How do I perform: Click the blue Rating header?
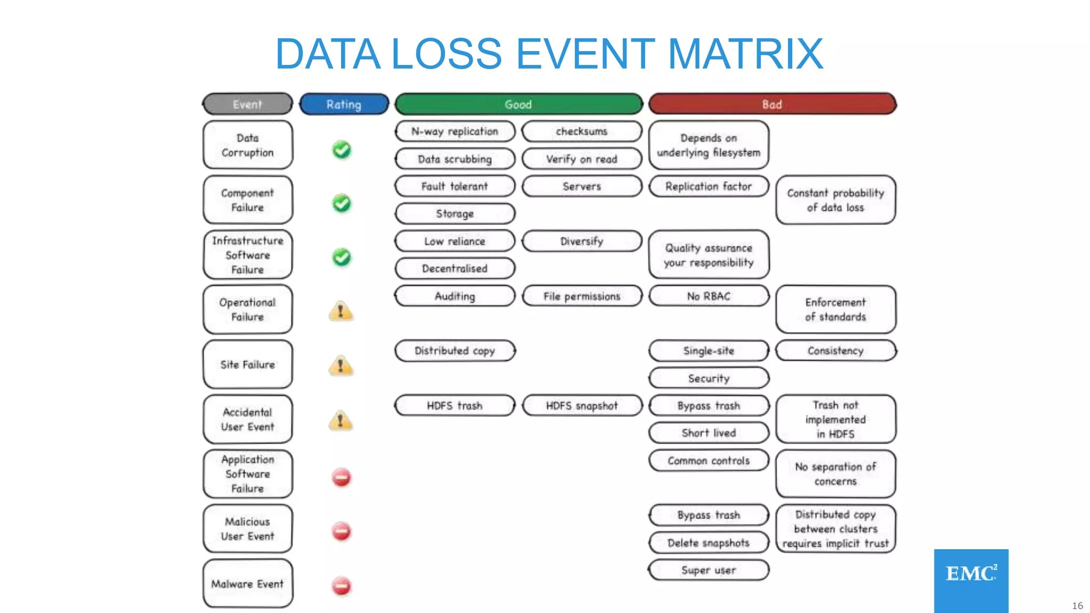point(344,104)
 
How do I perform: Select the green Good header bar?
point(518,104)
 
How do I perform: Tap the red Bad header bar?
point(772,104)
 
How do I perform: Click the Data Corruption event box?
point(247,145)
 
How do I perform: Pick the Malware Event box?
point(247,584)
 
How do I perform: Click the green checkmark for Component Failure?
point(342,203)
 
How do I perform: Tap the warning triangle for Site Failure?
point(341,366)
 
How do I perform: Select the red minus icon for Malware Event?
point(342,586)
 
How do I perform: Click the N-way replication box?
point(455,131)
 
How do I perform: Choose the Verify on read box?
point(582,159)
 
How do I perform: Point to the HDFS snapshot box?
point(582,406)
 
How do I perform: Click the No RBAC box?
point(708,296)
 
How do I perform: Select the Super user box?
point(708,570)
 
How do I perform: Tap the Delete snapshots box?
point(708,543)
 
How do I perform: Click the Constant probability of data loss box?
point(836,200)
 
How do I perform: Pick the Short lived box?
point(708,433)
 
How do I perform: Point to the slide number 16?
point(1077,606)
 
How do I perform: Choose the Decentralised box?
point(455,269)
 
